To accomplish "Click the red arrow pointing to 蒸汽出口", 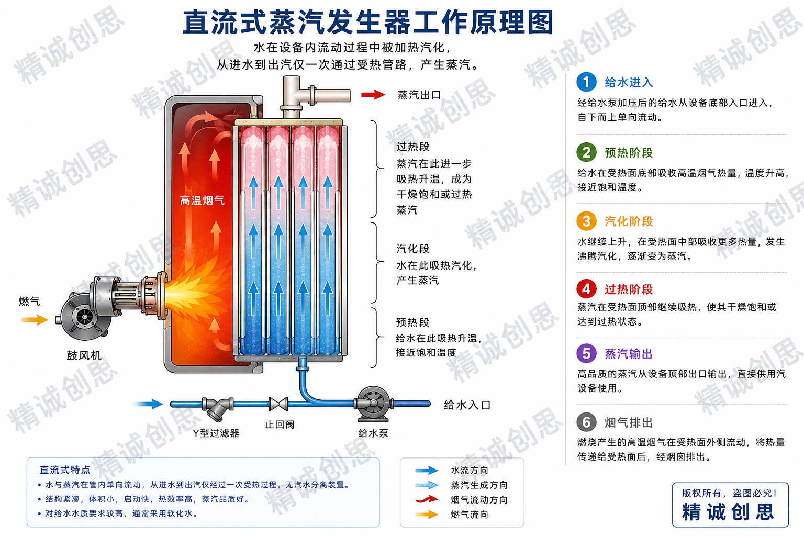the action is pyautogui.click(x=373, y=95).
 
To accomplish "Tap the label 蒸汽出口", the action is pyautogui.click(x=419, y=95).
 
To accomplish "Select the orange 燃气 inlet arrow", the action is pyautogui.click(x=35, y=319).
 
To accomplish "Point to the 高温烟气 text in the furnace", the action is pyautogui.click(x=202, y=200).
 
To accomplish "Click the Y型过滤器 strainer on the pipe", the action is pyautogui.click(x=218, y=409).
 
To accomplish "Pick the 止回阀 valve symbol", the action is pyautogui.click(x=278, y=404).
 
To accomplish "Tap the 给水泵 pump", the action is pyautogui.click(x=373, y=404).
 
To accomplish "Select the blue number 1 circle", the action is pyautogui.click(x=586, y=82).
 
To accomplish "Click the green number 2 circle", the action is pyautogui.click(x=586, y=152).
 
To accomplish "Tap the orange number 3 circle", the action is pyautogui.click(x=586, y=221).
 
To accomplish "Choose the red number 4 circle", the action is pyautogui.click(x=586, y=289).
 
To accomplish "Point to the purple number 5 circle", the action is pyautogui.click(x=586, y=354).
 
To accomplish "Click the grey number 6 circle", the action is pyautogui.click(x=586, y=422).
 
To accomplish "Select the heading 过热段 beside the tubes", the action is pyautogui.click(x=413, y=147).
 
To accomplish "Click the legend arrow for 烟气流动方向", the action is pyautogui.click(x=427, y=499).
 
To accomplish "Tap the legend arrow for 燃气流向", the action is pyautogui.click(x=427, y=515).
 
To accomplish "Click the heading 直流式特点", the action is pyautogui.click(x=65, y=470).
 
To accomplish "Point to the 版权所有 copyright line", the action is pyautogui.click(x=729, y=493).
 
